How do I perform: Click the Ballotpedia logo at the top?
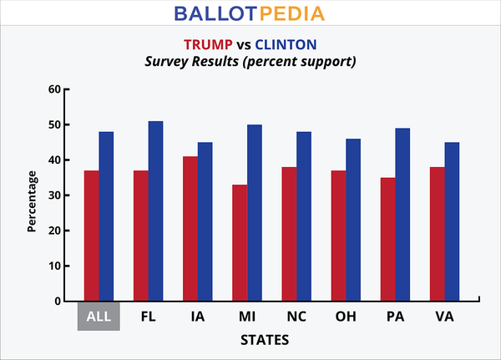pyautogui.click(x=250, y=14)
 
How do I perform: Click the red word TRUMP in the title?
pyautogui.click(x=210, y=46)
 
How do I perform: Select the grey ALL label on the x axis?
pyautogui.click(x=99, y=317)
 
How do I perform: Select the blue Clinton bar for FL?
pyautogui.click(x=155, y=210)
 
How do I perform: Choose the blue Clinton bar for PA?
pyautogui.click(x=402, y=214)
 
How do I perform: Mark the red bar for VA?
pyautogui.click(x=437, y=234)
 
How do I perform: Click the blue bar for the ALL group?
pyautogui.click(x=106, y=216)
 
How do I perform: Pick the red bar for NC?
pyautogui.click(x=289, y=234)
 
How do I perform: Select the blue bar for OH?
pyautogui.click(x=353, y=220)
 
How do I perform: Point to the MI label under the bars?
pyautogui.click(x=247, y=317)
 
